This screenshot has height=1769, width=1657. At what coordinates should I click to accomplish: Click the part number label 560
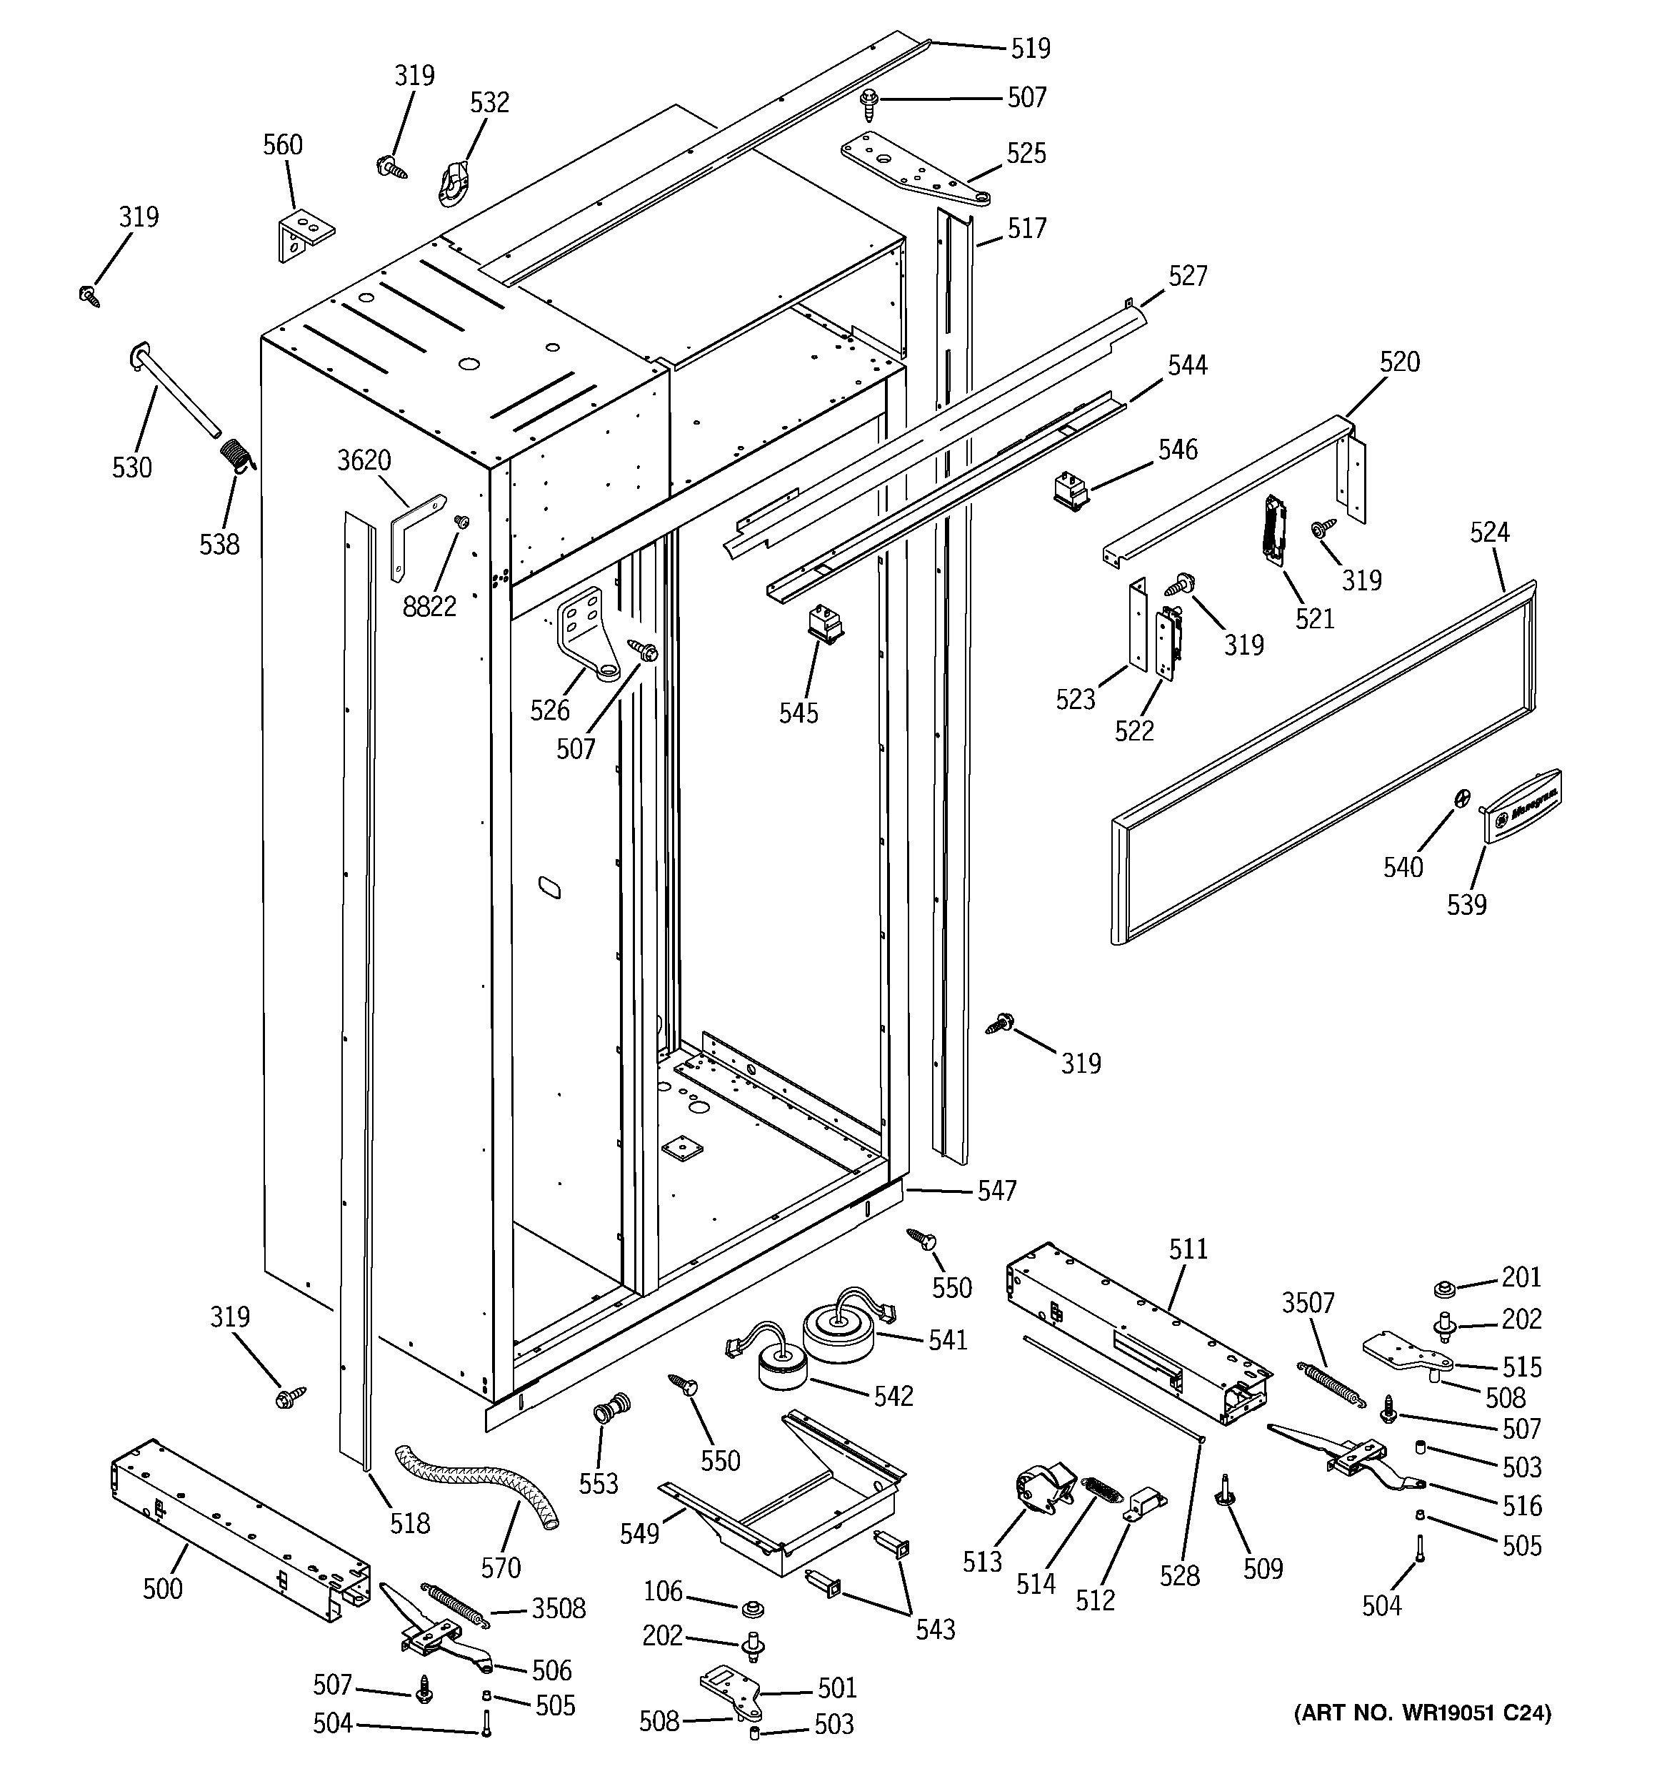[x=282, y=145]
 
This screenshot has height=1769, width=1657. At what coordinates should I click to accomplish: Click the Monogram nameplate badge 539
[x=1522, y=803]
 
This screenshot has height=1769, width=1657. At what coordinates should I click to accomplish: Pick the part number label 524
[x=1490, y=532]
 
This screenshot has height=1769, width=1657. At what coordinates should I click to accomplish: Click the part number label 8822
[x=429, y=606]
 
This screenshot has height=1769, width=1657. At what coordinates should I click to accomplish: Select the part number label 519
[x=1031, y=48]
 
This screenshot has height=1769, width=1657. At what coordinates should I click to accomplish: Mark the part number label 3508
[x=559, y=1608]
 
